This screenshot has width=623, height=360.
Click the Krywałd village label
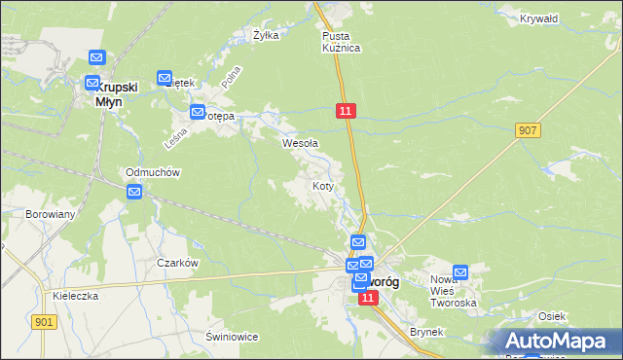[x=538, y=18]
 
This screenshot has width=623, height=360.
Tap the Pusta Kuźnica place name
[x=341, y=42]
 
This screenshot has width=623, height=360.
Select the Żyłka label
[x=266, y=35]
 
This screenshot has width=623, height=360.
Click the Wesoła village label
[x=300, y=143]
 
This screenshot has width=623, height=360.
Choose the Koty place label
[x=324, y=185]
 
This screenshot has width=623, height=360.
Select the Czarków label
[x=178, y=263]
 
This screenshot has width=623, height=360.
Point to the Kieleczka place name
[x=77, y=296]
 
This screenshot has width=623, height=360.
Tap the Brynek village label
[x=426, y=332]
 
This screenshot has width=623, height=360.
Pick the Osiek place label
[x=552, y=316]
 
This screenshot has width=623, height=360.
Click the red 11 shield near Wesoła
[x=347, y=112]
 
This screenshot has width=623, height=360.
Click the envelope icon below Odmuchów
[x=134, y=192]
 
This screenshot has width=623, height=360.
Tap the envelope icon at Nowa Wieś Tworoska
[x=460, y=273]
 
